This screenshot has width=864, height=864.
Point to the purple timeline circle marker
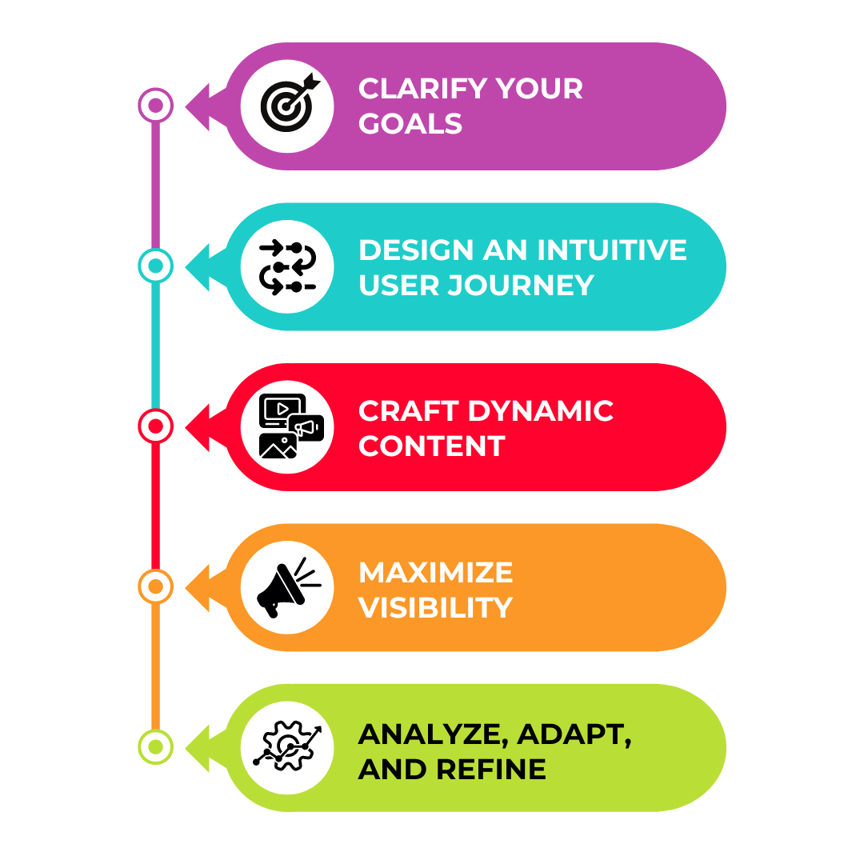tap(156, 105)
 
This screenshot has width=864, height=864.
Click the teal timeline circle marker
tap(156, 266)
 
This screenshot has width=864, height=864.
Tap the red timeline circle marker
tap(156, 426)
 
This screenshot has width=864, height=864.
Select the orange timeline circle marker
tap(156, 586)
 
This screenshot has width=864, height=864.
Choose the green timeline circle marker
tap(156, 746)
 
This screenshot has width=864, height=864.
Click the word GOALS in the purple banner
tap(410, 124)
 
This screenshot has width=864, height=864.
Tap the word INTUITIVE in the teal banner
tap(612, 250)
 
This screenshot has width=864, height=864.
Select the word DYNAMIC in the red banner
tap(541, 410)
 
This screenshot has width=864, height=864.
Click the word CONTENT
tap(431, 446)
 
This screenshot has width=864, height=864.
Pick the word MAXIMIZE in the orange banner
tap(435, 572)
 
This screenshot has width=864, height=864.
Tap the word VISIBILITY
tap(435, 607)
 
